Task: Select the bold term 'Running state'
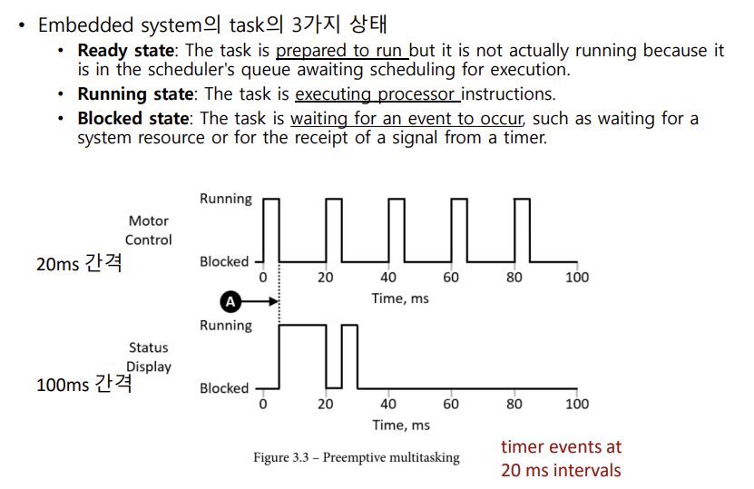(134, 93)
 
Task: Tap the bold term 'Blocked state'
(134, 118)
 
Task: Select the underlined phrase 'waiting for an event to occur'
(409, 118)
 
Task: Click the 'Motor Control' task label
(148, 230)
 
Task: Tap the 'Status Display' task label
(148, 357)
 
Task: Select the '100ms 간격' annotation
(83, 385)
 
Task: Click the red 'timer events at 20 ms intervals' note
(561, 458)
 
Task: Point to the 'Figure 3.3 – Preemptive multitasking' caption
(356, 457)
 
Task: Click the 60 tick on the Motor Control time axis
(451, 278)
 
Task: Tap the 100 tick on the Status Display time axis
(576, 405)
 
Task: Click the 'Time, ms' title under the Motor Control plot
(400, 298)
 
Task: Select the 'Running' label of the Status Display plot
(226, 326)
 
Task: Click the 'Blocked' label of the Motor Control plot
(224, 261)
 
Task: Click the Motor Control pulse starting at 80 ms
(522, 227)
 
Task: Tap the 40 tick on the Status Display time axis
(388, 405)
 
